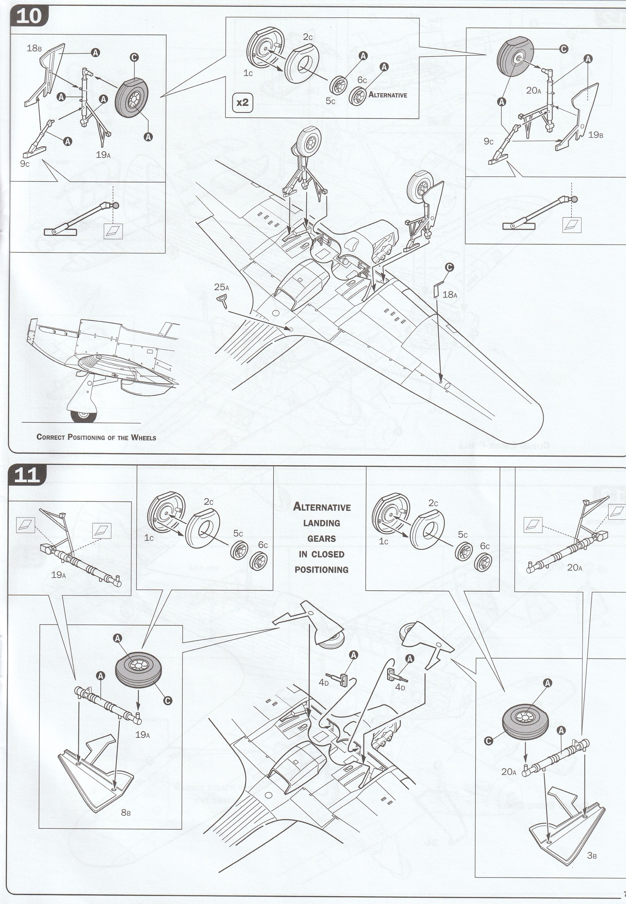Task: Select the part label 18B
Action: pyautogui.click(x=34, y=49)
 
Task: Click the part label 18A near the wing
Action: pyautogui.click(x=450, y=295)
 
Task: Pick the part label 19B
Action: pyautogui.click(x=595, y=135)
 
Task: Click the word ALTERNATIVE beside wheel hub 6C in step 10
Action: pyautogui.click(x=388, y=95)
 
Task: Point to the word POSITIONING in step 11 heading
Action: pyautogui.click(x=322, y=570)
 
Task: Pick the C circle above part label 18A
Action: pyautogui.click(x=450, y=267)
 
